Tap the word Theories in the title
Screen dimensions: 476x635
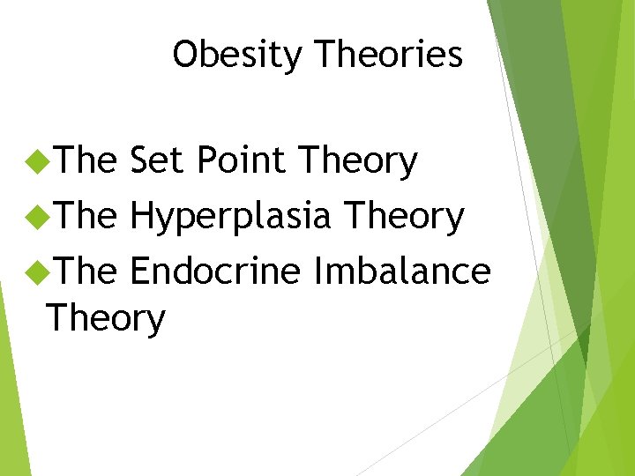click(389, 55)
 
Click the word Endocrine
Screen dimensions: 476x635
click(215, 271)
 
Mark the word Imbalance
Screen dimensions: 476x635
click(402, 271)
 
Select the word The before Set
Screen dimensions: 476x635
click(86, 161)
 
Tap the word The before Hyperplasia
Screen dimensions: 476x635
click(86, 216)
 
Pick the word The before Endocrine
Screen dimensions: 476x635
click(86, 271)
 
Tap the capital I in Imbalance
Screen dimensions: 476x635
click(318, 271)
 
